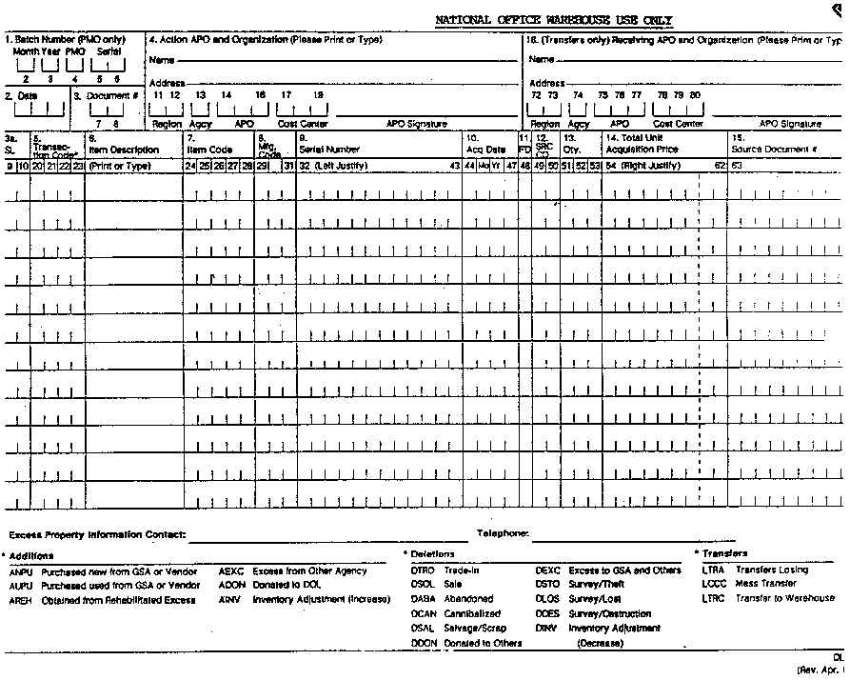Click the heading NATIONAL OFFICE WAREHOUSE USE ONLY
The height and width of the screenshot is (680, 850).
pyautogui.click(x=555, y=19)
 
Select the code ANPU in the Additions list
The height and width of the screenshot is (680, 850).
pyautogui.click(x=21, y=571)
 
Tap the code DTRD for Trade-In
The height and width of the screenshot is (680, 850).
pyautogui.click(x=423, y=570)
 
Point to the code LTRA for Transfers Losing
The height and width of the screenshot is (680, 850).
pyautogui.click(x=713, y=570)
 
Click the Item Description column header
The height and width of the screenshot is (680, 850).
pyautogui.click(x=124, y=150)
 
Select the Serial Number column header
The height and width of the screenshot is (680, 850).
pyautogui.click(x=329, y=150)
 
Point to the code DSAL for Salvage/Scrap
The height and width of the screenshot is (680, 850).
pyautogui.click(x=423, y=629)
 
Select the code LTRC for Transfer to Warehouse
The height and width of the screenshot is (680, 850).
pyautogui.click(x=713, y=599)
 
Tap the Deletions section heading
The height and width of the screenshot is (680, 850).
pyautogui.click(x=433, y=553)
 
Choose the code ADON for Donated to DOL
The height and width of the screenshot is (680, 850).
pyautogui.click(x=231, y=585)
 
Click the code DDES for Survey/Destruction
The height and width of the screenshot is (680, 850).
pyautogui.click(x=547, y=614)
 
